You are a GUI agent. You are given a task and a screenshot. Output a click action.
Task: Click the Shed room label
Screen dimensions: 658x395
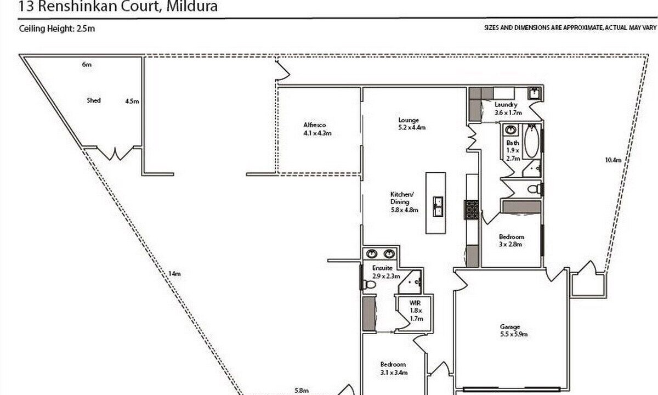94,100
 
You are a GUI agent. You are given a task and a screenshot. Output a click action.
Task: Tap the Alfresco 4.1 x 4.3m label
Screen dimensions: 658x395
317,129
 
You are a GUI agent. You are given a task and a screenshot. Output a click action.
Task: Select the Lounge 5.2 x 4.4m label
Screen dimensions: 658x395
412,124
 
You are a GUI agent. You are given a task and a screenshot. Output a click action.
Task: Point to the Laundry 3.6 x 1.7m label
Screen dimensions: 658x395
508,109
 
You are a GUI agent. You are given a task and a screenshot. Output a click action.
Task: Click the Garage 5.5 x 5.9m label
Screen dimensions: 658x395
514,330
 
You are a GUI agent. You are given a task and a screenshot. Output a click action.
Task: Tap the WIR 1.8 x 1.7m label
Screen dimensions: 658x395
416,311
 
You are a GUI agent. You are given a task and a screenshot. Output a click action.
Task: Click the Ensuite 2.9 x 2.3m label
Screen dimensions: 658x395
386,272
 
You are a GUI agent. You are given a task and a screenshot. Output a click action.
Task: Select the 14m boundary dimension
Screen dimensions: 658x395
174,274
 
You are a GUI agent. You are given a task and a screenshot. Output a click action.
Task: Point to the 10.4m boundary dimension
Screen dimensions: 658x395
613,160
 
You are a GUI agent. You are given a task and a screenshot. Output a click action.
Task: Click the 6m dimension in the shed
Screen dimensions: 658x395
87,64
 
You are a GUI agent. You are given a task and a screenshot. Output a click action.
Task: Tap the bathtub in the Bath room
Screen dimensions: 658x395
532,141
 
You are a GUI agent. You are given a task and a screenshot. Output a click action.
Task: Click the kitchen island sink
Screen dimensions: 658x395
438,206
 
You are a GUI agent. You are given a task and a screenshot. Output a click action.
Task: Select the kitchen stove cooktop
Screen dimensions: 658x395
472,210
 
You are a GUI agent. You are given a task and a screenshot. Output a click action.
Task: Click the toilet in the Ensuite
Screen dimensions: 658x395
368,285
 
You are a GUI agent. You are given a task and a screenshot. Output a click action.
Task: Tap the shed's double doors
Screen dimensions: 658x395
115,154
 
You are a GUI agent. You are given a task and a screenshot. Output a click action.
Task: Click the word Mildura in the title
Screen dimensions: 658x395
192,6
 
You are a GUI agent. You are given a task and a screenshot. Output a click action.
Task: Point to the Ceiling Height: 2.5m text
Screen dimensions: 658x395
57,29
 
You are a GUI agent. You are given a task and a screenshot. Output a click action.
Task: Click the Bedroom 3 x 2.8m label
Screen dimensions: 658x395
512,240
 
